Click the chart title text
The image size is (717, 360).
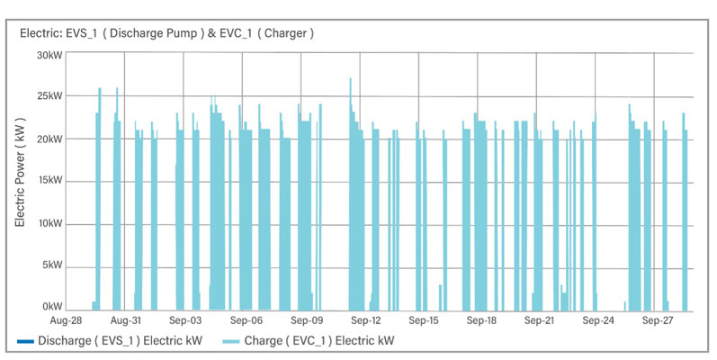[x=166, y=33]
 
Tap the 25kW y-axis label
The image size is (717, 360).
[x=49, y=96]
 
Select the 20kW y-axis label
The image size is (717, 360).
[x=49, y=139]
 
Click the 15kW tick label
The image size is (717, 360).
[x=49, y=181]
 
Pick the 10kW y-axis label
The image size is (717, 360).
[x=49, y=223]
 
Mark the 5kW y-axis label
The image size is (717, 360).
[x=50, y=265]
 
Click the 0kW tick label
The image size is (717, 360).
[x=50, y=308]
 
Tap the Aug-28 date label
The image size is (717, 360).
[x=67, y=320]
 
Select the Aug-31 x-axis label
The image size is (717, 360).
[x=125, y=320]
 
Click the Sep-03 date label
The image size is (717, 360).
[x=184, y=320]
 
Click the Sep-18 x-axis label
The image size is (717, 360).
[x=480, y=320]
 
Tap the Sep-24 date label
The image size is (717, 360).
[x=597, y=320]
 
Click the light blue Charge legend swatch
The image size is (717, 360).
[x=239, y=342]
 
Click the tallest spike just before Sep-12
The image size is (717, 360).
[x=351, y=81]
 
